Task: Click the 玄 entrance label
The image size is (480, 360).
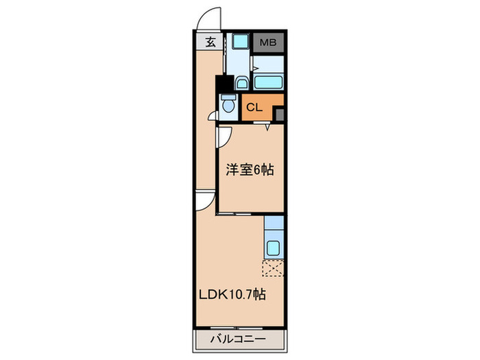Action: click(x=211, y=42)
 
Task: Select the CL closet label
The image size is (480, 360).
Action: click(x=254, y=107)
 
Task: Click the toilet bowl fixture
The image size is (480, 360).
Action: click(x=228, y=106)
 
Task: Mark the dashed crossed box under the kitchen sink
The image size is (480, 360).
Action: click(x=274, y=269)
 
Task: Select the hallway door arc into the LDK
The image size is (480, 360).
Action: click(x=202, y=201)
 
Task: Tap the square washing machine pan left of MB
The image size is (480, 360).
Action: click(x=240, y=41)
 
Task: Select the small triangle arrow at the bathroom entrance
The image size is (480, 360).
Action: click(x=254, y=68)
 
